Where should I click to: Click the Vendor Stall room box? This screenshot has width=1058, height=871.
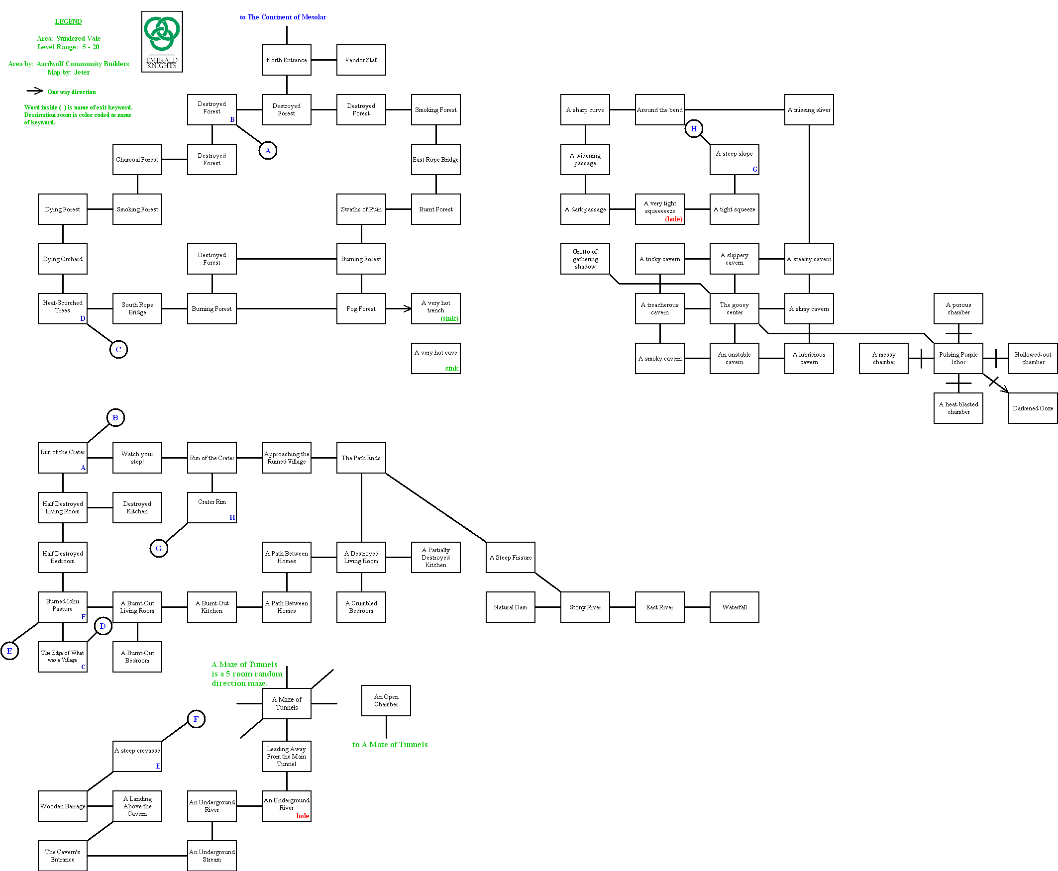(x=361, y=60)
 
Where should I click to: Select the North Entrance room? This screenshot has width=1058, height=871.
(x=286, y=60)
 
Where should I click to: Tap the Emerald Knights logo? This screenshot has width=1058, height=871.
(x=162, y=42)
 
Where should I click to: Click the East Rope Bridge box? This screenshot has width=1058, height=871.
(x=435, y=160)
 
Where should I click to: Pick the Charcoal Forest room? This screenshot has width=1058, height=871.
(x=137, y=160)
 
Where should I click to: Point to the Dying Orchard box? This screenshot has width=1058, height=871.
(x=63, y=259)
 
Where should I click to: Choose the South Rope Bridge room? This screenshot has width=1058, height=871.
(x=137, y=308)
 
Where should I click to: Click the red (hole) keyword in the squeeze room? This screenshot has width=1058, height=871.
(x=673, y=219)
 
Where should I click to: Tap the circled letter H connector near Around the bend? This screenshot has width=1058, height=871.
(x=693, y=129)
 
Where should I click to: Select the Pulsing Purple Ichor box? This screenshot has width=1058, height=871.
(x=957, y=358)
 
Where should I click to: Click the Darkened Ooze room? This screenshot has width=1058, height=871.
(x=1033, y=408)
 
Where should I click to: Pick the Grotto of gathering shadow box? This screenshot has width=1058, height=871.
(x=585, y=259)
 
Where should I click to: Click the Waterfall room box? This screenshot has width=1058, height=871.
(x=734, y=607)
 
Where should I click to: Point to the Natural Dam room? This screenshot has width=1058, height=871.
(x=510, y=607)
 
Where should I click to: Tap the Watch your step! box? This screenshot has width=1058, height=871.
(x=137, y=458)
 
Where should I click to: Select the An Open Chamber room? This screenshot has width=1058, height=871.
(x=386, y=700)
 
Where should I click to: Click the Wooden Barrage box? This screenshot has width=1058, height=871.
(x=63, y=806)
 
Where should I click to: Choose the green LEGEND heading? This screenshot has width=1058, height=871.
(x=68, y=21)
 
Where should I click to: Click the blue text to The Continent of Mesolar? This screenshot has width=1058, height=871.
(x=283, y=17)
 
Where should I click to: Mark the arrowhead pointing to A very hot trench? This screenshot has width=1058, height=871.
(x=408, y=308)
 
